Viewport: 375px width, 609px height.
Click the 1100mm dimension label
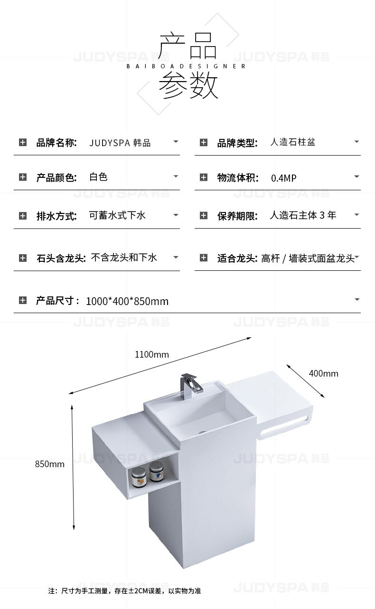click(x=152, y=354)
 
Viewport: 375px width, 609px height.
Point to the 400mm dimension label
click(x=323, y=373)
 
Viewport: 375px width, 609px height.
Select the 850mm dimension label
click(x=50, y=464)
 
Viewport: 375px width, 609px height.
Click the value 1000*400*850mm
click(x=127, y=301)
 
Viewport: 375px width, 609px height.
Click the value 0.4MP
click(x=283, y=178)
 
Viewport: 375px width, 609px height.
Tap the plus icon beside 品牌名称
click(x=23, y=142)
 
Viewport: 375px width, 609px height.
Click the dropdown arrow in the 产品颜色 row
click(x=176, y=176)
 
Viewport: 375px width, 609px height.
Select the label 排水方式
click(x=56, y=216)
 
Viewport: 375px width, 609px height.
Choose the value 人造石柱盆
click(x=292, y=142)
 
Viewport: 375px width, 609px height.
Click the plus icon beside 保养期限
click(x=204, y=216)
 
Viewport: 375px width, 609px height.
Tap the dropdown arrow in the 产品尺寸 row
click(x=356, y=300)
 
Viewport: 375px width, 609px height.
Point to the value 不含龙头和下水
click(x=123, y=258)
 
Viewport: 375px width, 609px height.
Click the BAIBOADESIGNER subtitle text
click(x=186, y=66)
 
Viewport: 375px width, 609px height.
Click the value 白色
click(x=99, y=177)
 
